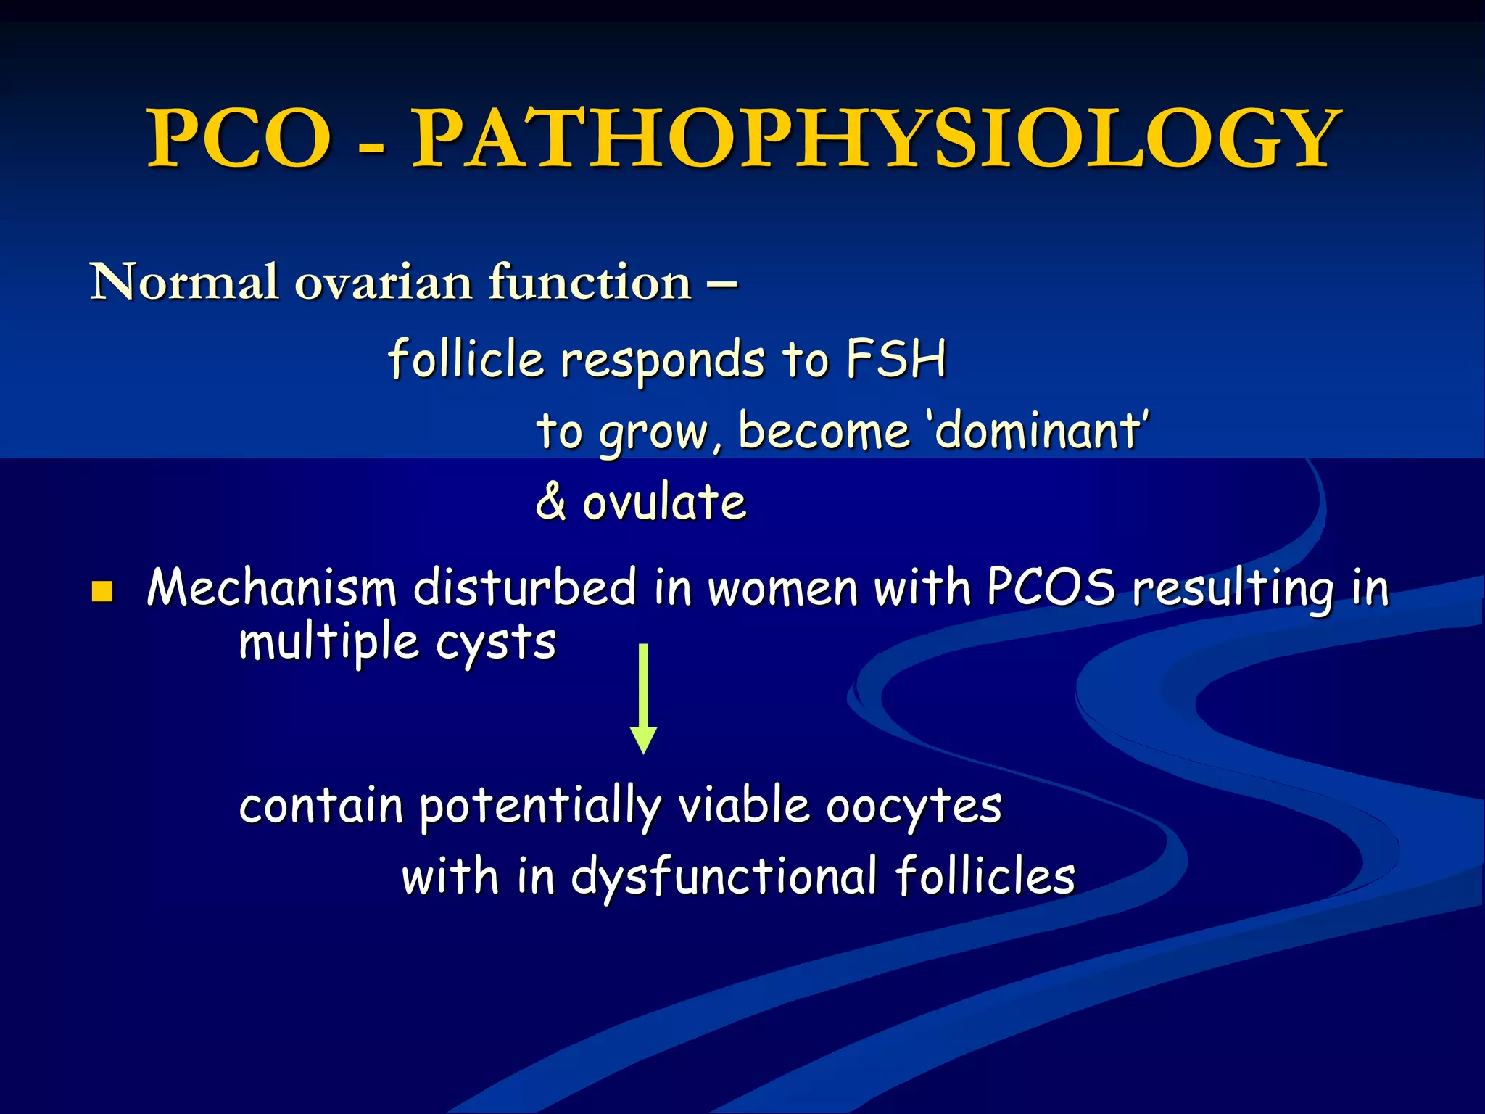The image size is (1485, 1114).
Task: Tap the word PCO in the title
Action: point(239,138)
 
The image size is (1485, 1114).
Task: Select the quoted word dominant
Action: point(1038,431)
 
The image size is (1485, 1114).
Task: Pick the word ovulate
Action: point(664,502)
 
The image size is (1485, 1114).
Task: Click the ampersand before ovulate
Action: point(551,502)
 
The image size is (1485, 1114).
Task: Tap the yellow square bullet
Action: point(102,592)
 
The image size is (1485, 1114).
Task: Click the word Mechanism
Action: point(271,587)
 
